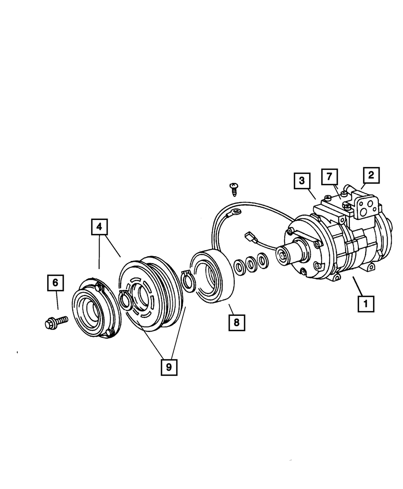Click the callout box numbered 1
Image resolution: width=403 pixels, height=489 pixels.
coord(366,303)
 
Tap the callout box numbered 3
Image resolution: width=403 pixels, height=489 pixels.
coord(302,181)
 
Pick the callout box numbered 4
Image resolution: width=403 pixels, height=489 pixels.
coord(100,227)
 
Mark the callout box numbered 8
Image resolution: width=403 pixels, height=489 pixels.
coord(236,322)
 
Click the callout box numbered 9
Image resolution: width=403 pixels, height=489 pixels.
coord(169,367)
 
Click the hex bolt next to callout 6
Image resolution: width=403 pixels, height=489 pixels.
coord(55,322)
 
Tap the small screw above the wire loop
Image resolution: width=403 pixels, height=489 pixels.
coord(233,188)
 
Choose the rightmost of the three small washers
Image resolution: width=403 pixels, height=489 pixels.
coord(263,260)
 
